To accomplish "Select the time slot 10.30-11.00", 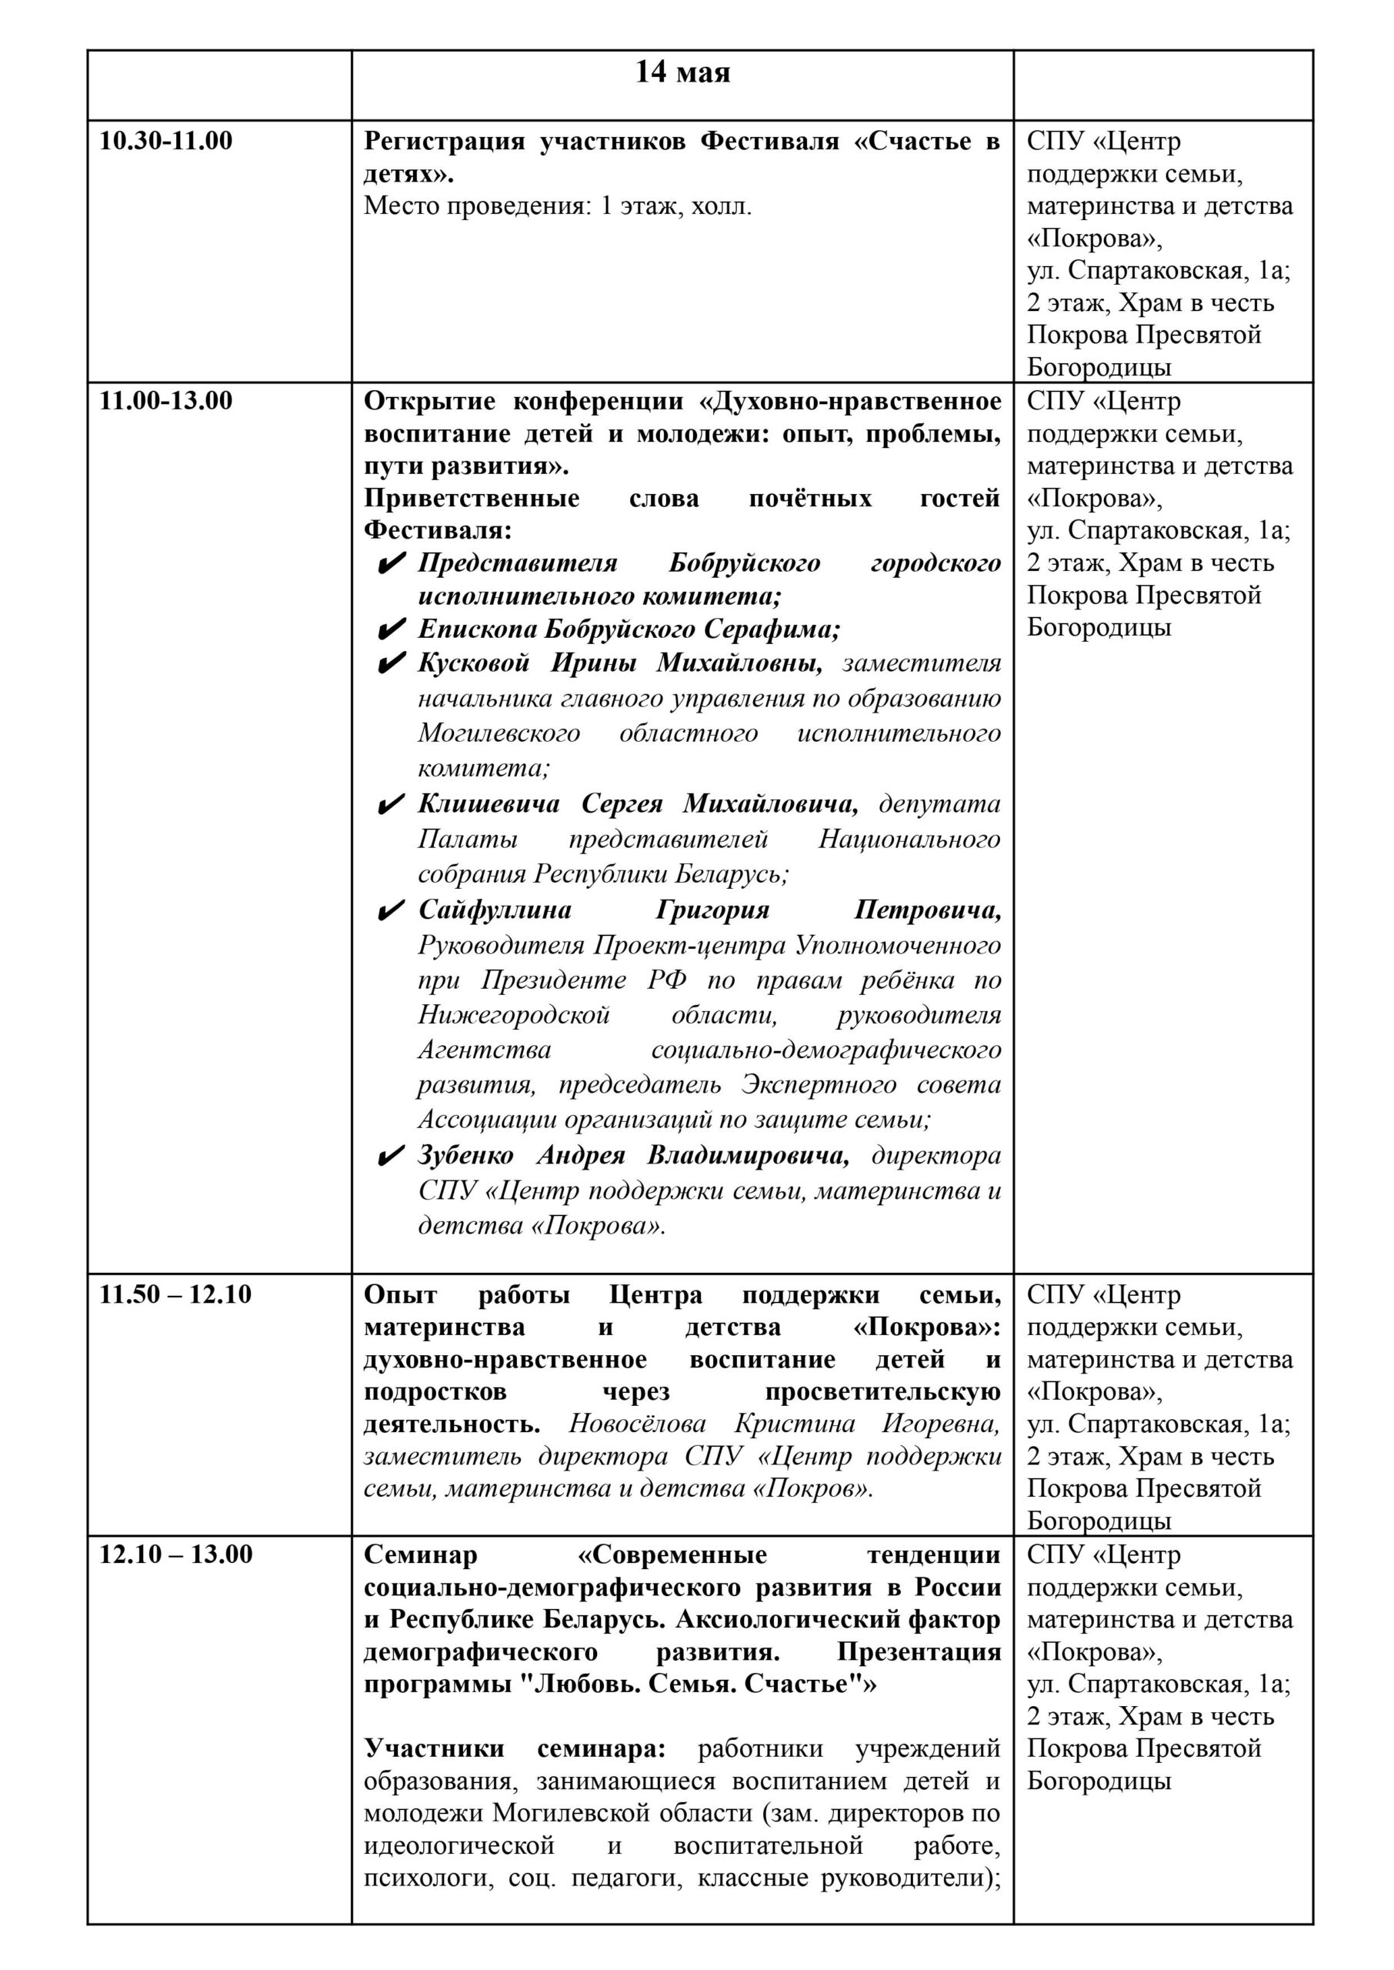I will pyautogui.click(x=165, y=141).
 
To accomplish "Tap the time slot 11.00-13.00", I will pyautogui.click(x=165, y=401).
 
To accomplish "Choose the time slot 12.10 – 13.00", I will pyautogui.click(x=176, y=1554).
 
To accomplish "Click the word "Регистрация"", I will pyautogui.click(x=444, y=142).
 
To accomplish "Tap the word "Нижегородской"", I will pyautogui.click(x=513, y=1016).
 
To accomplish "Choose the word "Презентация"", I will pyautogui.click(x=919, y=1652).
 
